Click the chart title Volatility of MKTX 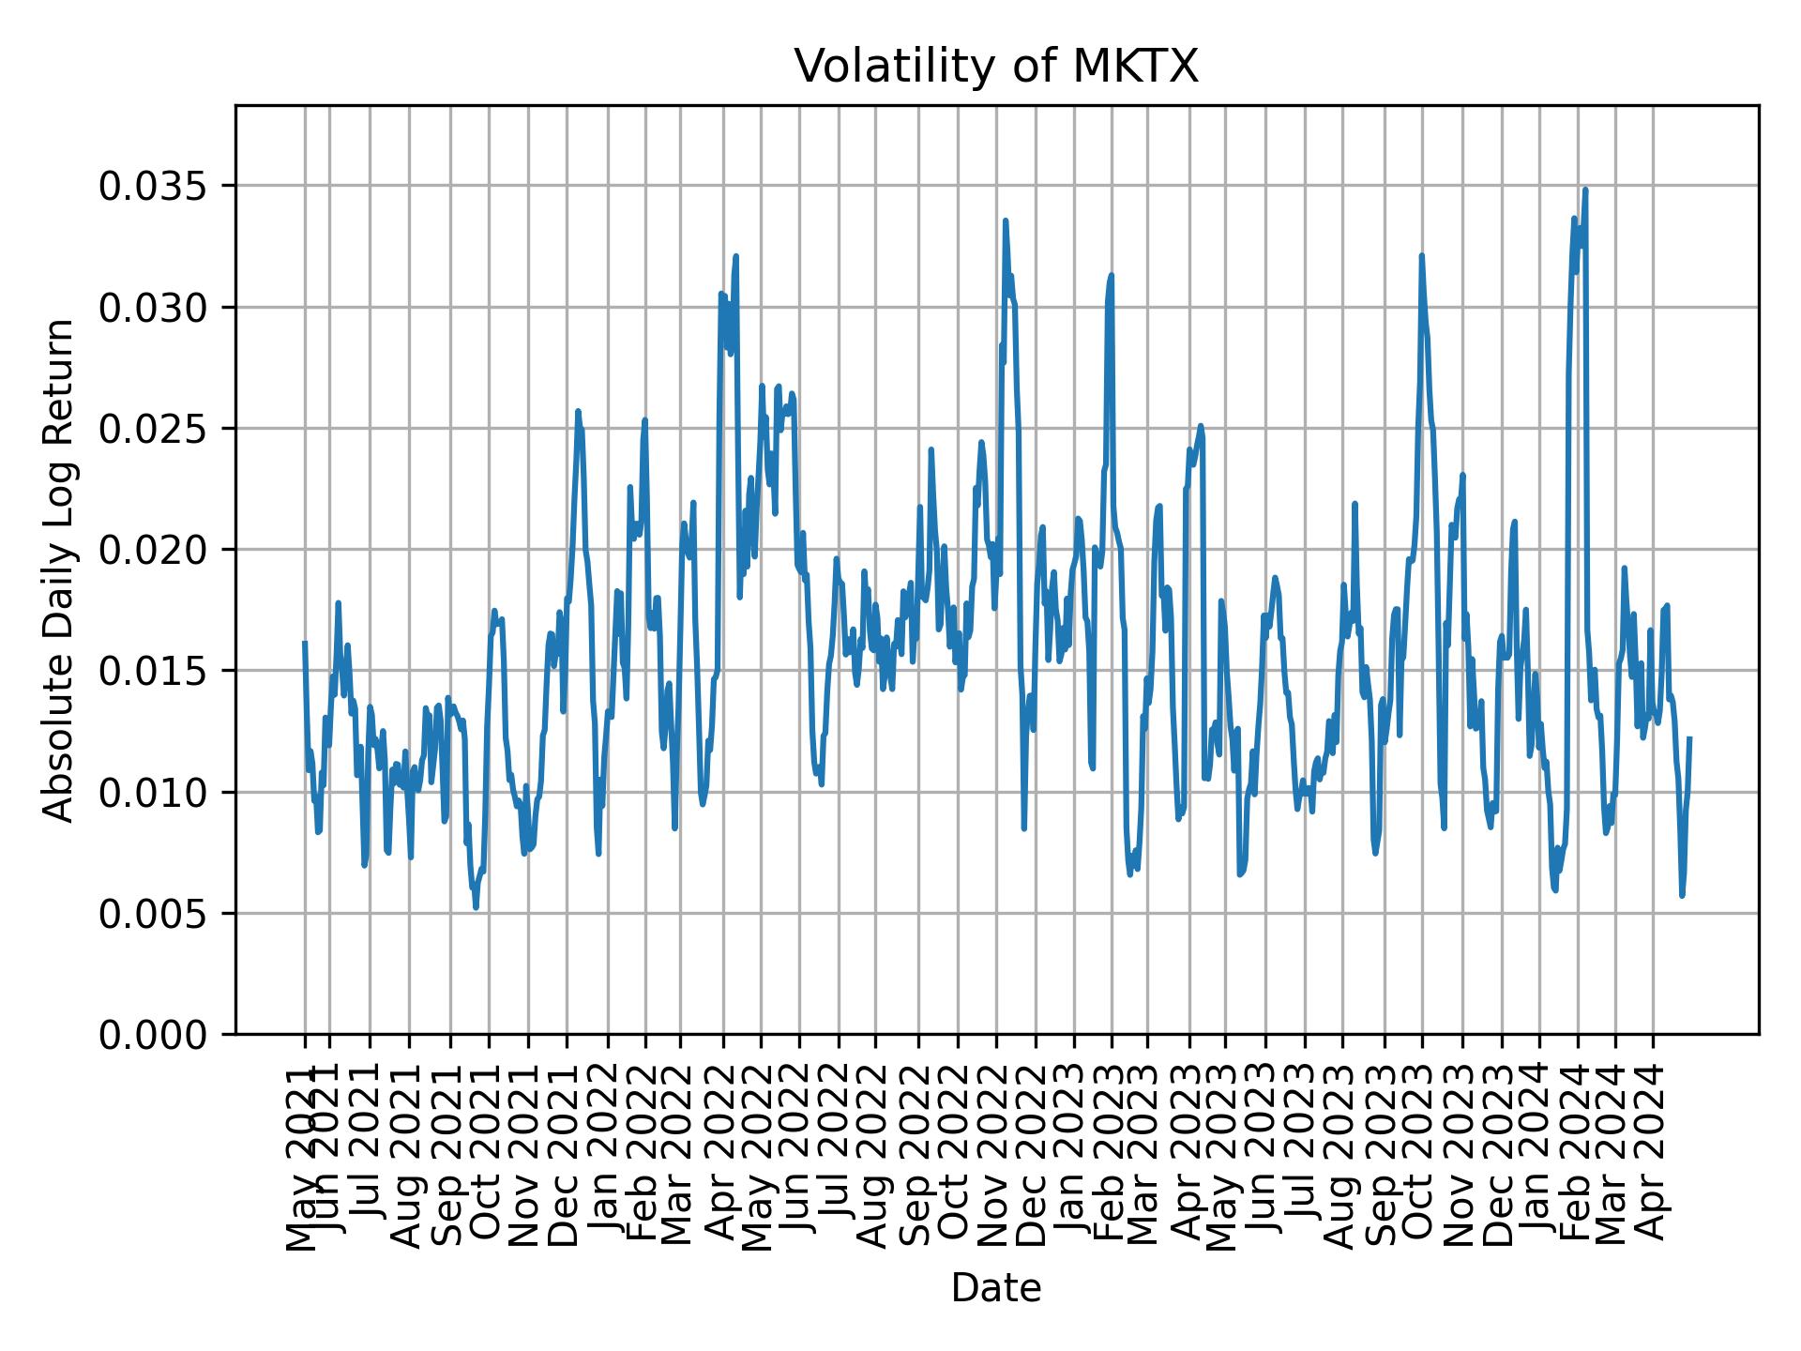pyautogui.click(x=996, y=67)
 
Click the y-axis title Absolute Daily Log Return pyautogui.click(x=60, y=569)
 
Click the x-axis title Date pyautogui.click(x=996, y=1288)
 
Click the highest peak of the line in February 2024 pyautogui.click(x=1585, y=190)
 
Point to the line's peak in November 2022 pyautogui.click(x=1005, y=221)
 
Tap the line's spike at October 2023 pyautogui.click(x=1422, y=256)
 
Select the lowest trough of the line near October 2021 pyautogui.click(x=476, y=906)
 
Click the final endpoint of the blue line pyautogui.click(x=1689, y=738)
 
